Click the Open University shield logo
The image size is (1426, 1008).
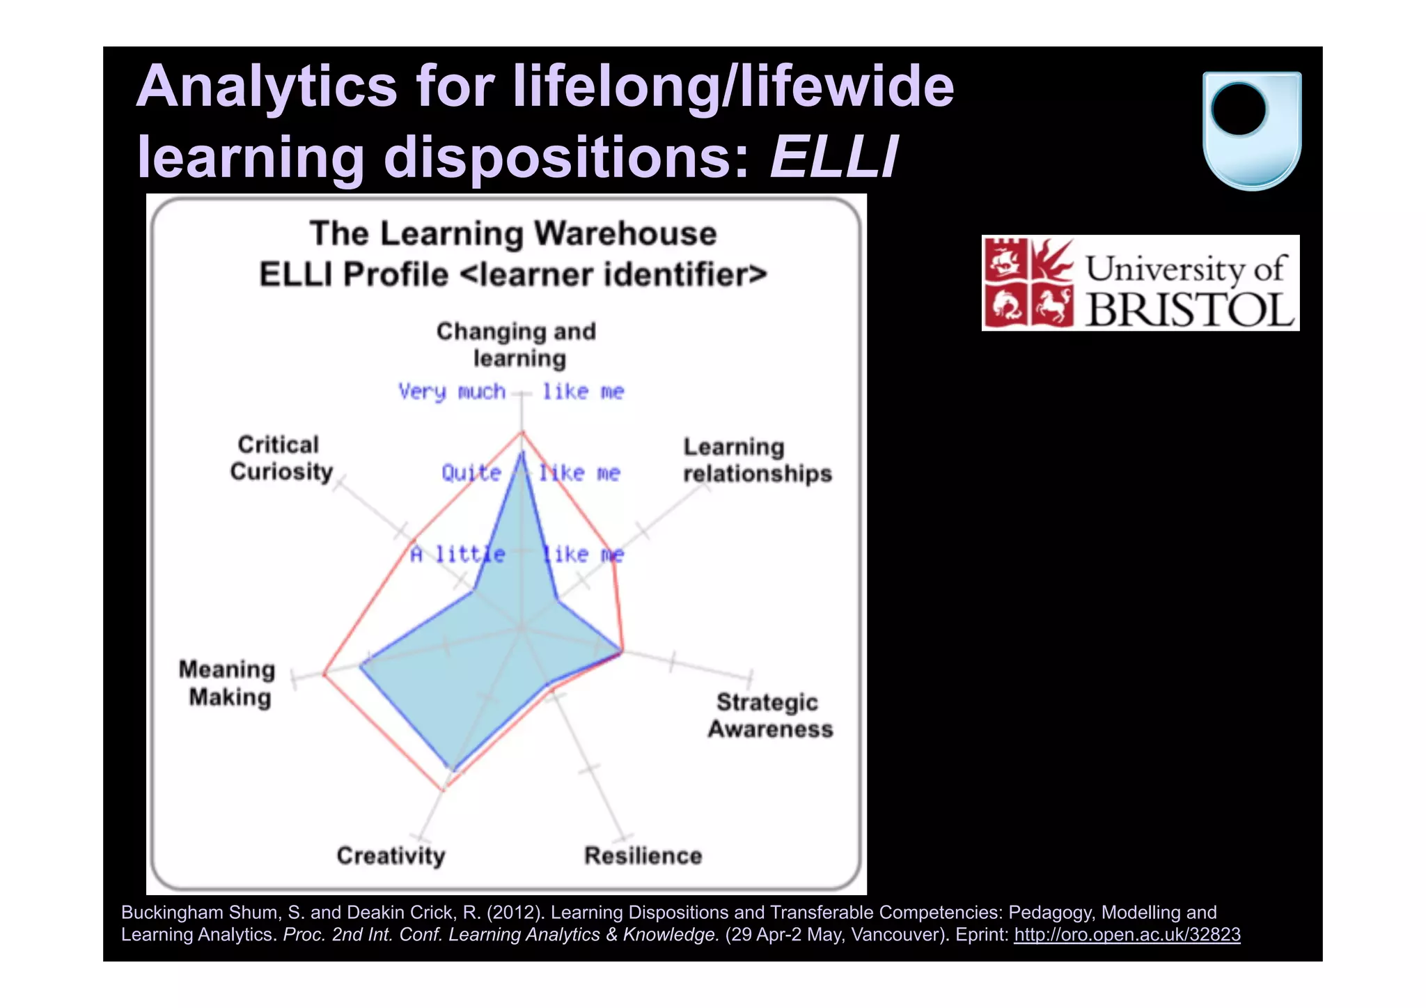tap(1251, 130)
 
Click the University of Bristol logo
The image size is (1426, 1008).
tap(1140, 283)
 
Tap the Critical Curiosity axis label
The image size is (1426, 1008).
tap(281, 458)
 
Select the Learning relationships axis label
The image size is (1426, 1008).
tap(756, 460)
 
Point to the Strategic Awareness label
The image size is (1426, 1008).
tap(769, 715)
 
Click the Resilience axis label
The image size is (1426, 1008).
tap(643, 855)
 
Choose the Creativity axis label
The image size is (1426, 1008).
tap(391, 855)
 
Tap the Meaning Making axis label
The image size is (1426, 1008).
tap(227, 683)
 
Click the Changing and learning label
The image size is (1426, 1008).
tap(517, 345)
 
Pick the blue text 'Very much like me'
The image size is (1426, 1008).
tap(512, 391)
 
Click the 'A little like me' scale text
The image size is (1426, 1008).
tap(517, 555)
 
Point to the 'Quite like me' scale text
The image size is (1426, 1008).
tap(531, 473)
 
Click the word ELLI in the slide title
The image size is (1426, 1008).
tap(833, 157)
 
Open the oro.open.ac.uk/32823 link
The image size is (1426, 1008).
tap(1127, 934)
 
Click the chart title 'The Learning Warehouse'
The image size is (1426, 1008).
tap(513, 233)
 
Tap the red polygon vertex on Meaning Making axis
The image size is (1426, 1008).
tap(324, 674)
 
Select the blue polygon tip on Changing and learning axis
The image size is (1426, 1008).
tap(522, 453)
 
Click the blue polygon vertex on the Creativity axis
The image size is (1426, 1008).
tap(453, 769)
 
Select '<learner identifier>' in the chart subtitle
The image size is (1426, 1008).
tap(613, 274)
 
